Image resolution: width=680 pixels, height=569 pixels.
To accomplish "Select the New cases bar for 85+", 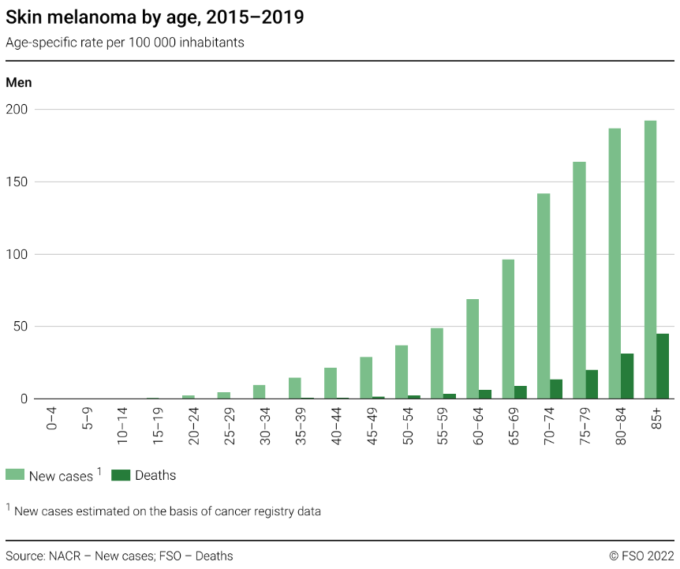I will coord(650,260).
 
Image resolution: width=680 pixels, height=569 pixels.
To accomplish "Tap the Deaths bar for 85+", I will coord(663,366).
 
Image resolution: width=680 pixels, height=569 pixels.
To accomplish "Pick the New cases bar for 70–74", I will coord(544,296).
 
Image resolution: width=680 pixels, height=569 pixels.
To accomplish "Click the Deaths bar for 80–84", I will coord(627,376).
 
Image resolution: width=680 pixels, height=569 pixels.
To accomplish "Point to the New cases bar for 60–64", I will coord(473,349).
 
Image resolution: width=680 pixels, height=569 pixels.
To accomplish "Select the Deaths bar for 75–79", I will coord(592,384).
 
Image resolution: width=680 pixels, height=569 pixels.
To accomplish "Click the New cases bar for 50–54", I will coord(402,372).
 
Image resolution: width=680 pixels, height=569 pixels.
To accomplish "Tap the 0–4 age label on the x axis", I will coord(52,417).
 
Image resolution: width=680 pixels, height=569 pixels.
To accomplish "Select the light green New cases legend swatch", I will coord(15,475).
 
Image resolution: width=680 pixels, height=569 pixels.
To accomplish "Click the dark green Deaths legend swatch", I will coord(121,475).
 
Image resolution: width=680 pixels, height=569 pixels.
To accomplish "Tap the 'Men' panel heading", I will coord(19,82).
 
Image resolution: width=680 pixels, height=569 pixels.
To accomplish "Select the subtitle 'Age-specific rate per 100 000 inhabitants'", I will coord(125,43).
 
